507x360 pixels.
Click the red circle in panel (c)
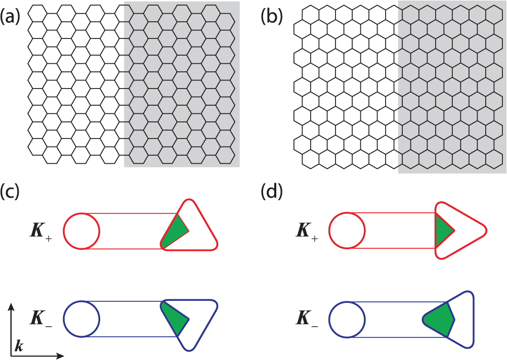(81, 231)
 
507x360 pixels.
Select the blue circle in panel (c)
(81, 319)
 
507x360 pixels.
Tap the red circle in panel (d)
(347, 231)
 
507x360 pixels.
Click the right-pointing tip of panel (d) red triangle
(486, 231)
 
